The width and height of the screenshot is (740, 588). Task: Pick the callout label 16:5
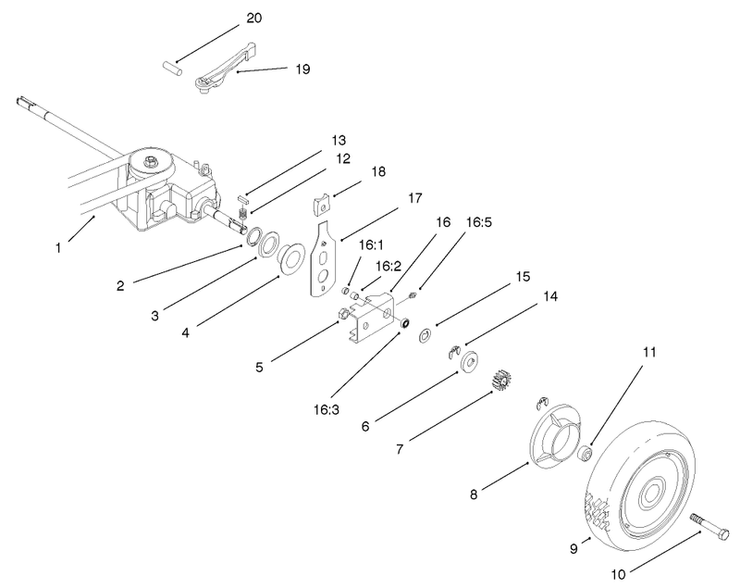pyautogui.click(x=479, y=223)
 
